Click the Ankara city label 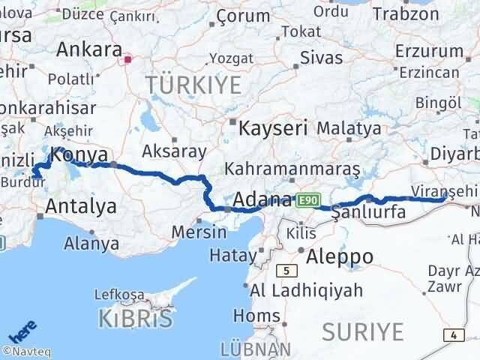(89, 49)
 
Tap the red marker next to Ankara (128, 58)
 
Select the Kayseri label (273, 127)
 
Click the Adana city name (262, 200)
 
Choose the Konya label (79, 156)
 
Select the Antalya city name (81, 205)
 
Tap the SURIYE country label (362, 330)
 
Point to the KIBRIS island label (135, 319)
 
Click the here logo (21, 328)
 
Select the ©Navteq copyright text (26, 349)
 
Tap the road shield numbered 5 (286, 269)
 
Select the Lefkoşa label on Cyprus (118, 295)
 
